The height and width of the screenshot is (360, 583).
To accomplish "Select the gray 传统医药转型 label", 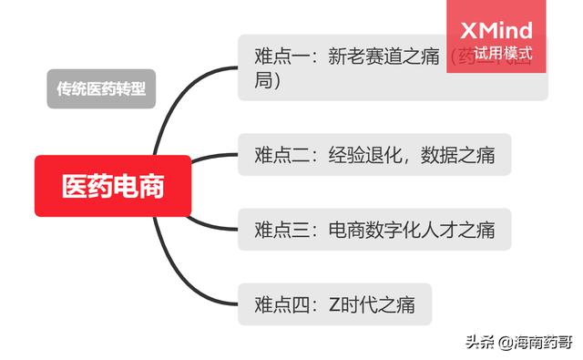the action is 101,89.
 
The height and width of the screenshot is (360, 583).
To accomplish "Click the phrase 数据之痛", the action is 458,154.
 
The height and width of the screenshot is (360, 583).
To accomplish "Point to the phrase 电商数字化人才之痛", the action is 412,229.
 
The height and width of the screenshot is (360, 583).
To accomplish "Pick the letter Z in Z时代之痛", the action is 334,303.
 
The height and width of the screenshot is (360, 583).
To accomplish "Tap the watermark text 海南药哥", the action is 540,343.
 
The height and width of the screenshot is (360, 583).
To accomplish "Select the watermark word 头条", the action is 478,343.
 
